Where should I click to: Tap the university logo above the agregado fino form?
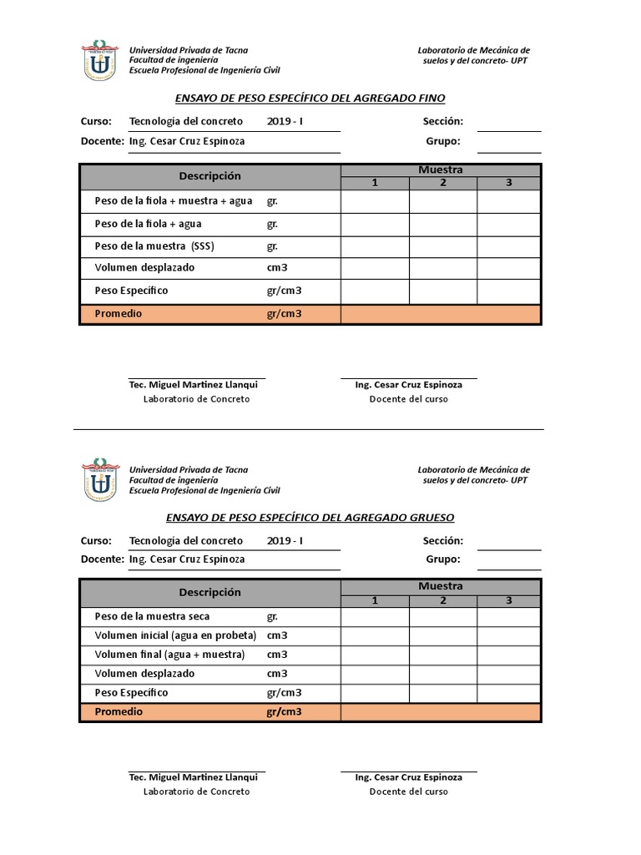(x=99, y=59)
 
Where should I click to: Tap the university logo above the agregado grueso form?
(x=99, y=479)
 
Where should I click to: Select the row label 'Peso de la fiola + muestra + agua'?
(x=174, y=201)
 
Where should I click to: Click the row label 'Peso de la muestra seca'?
(x=153, y=617)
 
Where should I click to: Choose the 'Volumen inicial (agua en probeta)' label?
(x=175, y=635)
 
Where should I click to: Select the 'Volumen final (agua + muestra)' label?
(x=169, y=655)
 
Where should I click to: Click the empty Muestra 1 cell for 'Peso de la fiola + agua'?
(x=375, y=225)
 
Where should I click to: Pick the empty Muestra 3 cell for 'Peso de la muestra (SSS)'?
(x=509, y=247)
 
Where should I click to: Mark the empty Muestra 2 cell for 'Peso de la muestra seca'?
(x=443, y=617)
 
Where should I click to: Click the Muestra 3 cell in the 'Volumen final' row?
(x=509, y=655)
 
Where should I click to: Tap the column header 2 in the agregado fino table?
(x=443, y=183)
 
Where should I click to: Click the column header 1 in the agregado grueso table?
(x=375, y=600)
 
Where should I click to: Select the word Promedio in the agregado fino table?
(x=119, y=314)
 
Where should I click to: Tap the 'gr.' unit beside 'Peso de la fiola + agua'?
(x=272, y=225)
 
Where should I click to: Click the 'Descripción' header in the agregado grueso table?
(x=209, y=593)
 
